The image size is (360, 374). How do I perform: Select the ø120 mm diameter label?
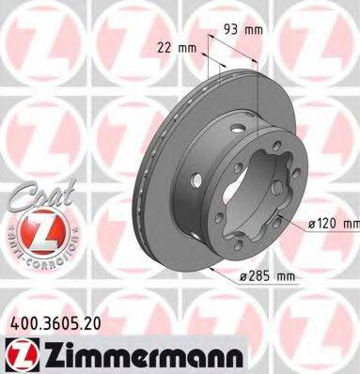point(332,224)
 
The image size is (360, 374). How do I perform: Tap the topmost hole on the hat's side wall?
point(241,127)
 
